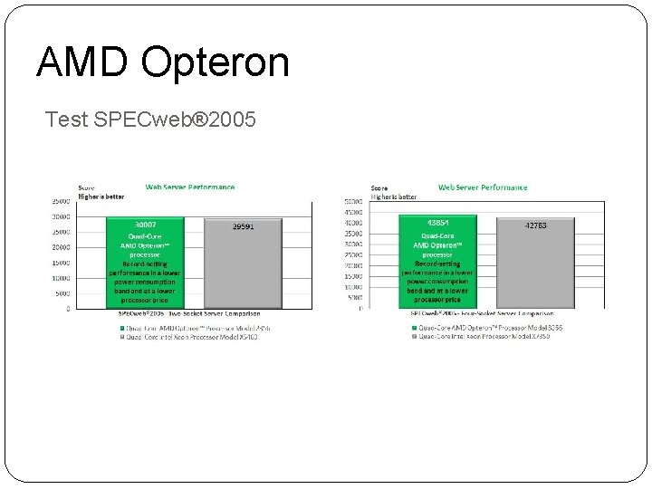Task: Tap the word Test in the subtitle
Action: (66, 120)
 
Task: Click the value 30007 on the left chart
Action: (143, 223)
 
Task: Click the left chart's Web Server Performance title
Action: (190, 187)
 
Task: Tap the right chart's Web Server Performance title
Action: (483, 187)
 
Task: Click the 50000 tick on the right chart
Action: (353, 201)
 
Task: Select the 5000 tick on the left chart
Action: (62, 293)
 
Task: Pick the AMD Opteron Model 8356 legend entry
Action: (486, 327)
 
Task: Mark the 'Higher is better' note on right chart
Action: (393, 196)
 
